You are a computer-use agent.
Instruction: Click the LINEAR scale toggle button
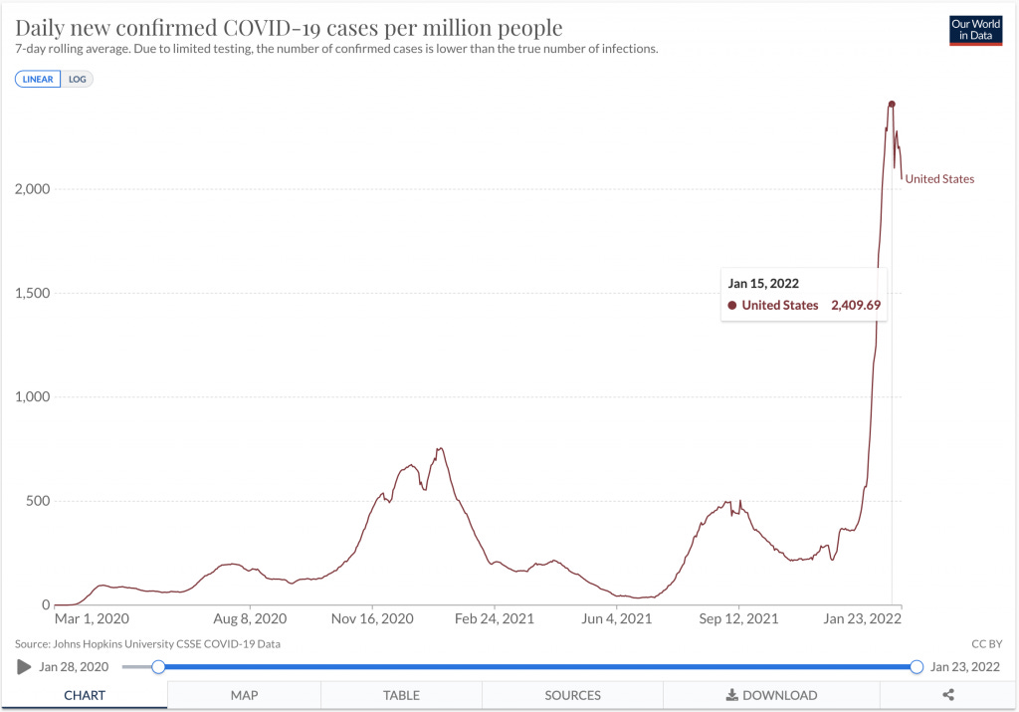tap(38, 80)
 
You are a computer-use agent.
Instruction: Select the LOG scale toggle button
tap(77, 80)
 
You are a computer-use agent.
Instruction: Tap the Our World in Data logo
tap(975, 30)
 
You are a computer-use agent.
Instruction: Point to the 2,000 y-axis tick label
tap(33, 189)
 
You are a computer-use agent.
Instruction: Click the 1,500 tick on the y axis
tap(33, 293)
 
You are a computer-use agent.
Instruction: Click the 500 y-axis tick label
tap(38, 501)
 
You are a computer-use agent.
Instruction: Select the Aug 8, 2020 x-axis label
tap(250, 618)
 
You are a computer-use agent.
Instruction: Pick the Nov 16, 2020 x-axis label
tap(372, 618)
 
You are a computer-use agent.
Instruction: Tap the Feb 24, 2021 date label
tap(495, 618)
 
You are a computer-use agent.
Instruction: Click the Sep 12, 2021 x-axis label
tap(739, 618)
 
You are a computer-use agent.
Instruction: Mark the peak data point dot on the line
tap(892, 104)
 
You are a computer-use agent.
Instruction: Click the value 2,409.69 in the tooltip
tap(856, 305)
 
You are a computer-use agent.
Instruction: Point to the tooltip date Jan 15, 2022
tap(763, 284)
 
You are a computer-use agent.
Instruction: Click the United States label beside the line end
tap(939, 179)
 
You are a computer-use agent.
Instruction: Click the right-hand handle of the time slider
tap(917, 666)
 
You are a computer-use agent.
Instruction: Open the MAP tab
tap(245, 695)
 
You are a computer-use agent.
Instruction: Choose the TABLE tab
tap(402, 695)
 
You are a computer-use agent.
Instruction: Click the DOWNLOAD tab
tap(771, 695)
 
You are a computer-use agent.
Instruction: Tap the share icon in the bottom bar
tap(948, 695)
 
